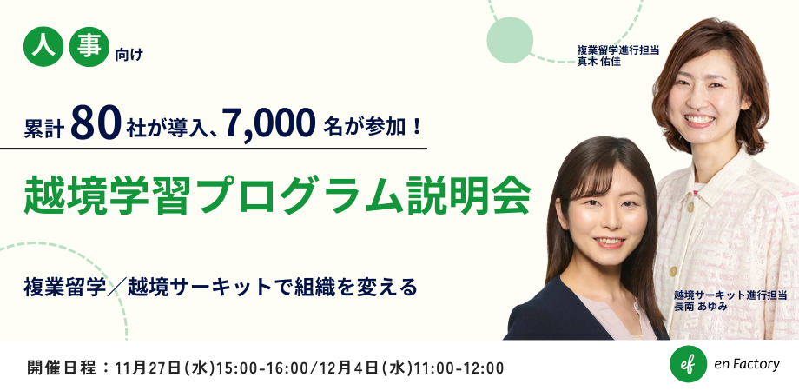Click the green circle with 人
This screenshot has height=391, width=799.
point(43,46)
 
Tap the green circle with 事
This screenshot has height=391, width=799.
point(89,46)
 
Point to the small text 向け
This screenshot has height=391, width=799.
point(129,55)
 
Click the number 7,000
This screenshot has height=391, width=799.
point(268,124)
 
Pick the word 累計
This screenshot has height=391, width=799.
point(43,129)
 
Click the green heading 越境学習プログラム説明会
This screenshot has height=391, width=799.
point(278,195)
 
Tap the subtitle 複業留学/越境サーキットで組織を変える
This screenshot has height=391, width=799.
point(221,287)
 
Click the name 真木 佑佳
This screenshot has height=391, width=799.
point(598,63)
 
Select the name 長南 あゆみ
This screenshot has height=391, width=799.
point(700,307)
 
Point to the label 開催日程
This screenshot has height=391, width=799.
point(61,368)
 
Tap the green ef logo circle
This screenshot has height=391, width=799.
point(688,364)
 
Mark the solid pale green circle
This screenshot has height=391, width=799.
point(510,40)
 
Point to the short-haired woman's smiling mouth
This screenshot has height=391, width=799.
point(700,120)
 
